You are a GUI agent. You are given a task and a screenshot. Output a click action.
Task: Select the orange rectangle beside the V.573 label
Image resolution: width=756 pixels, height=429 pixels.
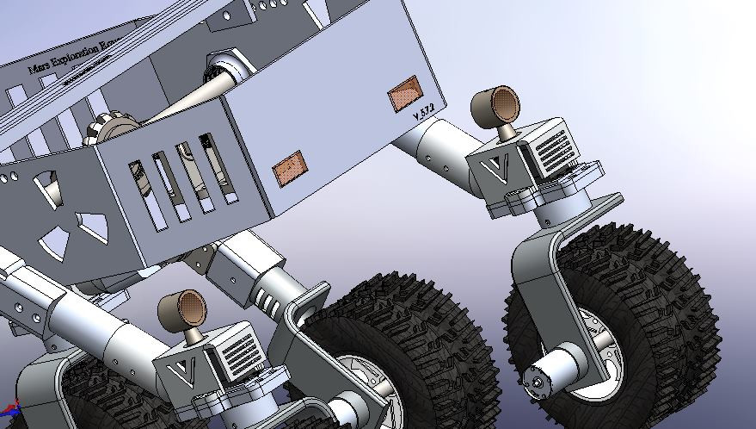point(404,93)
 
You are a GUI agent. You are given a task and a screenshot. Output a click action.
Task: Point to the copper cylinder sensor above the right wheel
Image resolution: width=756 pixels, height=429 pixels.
point(496,105)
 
